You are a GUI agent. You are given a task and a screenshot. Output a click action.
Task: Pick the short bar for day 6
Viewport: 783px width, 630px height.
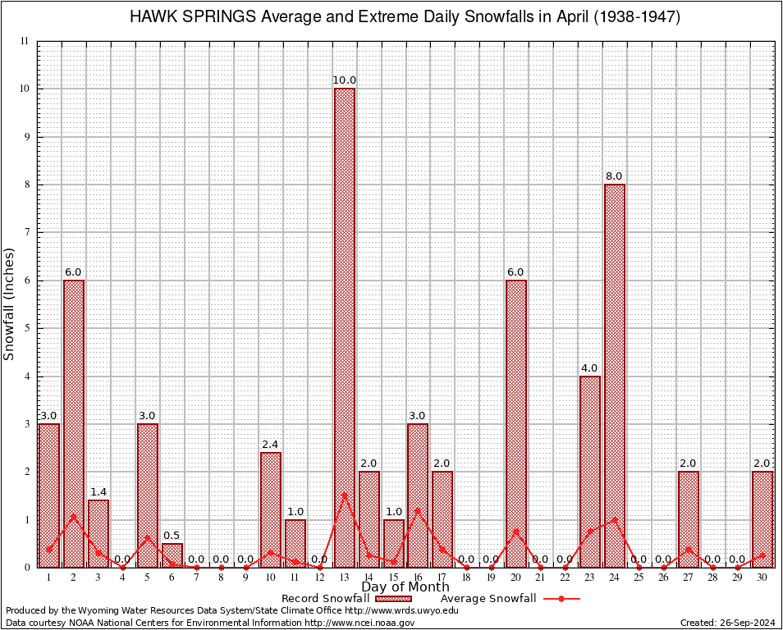(x=172, y=555)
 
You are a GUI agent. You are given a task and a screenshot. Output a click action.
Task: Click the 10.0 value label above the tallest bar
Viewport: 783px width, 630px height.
(x=345, y=80)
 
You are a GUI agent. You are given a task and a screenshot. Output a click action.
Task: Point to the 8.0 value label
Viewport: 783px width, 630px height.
(x=615, y=176)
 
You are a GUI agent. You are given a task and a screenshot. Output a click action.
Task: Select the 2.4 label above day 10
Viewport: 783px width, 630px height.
(x=271, y=445)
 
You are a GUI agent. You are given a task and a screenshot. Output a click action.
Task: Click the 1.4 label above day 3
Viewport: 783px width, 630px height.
(x=98, y=492)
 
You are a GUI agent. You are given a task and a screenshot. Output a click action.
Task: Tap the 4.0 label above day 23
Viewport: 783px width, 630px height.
(x=590, y=368)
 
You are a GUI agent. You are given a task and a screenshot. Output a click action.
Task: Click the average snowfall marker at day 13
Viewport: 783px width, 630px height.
(x=345, y=495)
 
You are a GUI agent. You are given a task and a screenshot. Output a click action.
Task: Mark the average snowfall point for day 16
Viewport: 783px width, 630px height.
(x=418, y=509)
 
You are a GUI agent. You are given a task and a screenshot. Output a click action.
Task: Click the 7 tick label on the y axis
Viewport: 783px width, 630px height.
(x=26, y=232)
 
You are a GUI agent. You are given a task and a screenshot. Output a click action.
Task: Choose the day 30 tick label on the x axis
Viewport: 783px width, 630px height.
(x=762, y=577)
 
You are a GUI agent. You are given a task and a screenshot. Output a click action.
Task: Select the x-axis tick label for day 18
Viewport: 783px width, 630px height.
(x=467, y=577)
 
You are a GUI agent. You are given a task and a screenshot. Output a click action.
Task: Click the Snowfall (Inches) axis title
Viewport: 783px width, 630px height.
(x=10, y=304)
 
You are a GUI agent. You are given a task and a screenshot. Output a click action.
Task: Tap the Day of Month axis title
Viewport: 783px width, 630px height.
(x=405, y=587)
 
